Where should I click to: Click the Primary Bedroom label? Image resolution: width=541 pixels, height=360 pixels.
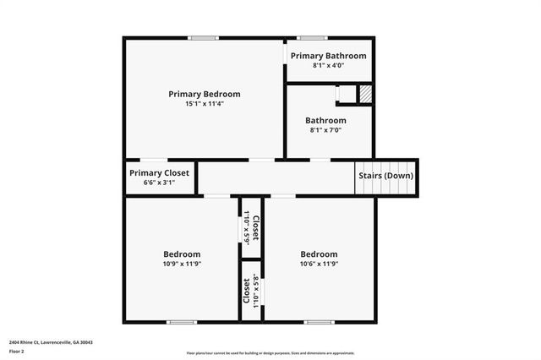[204, 94]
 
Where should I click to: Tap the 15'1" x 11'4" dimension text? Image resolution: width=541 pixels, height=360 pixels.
[204, 103]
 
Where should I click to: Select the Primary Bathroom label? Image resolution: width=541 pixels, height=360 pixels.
[328, 56]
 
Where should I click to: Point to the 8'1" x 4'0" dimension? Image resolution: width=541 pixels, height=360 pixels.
[328, 65]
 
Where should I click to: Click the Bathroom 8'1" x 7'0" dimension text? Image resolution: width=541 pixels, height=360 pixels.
[325, 130]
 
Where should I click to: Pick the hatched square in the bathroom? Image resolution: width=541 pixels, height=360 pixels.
[365, 94]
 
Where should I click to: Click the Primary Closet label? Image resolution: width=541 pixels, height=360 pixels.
[160, 172]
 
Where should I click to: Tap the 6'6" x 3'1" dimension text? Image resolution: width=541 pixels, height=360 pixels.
[160, 182]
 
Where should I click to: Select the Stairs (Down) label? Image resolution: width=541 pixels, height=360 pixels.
[385, 176]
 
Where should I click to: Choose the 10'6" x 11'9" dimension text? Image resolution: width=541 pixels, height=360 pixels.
[319, 264]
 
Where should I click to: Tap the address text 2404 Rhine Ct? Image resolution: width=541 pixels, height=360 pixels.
[51, 342]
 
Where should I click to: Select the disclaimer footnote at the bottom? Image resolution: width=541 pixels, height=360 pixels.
[270, 353]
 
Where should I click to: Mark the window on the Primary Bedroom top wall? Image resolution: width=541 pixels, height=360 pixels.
[204, 37]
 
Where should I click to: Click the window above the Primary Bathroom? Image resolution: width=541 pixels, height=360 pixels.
[313, 37]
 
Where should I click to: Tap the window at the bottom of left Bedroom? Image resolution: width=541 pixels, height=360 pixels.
[182, 321]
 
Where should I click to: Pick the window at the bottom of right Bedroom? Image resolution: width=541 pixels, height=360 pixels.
[318, 321]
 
